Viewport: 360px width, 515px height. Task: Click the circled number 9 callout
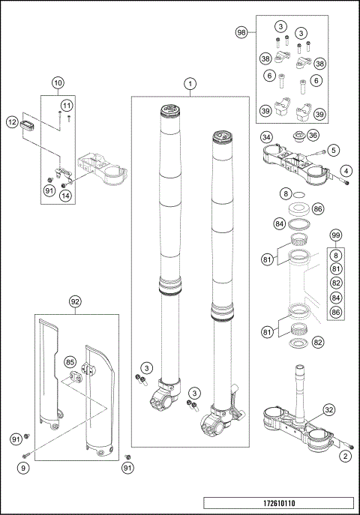pyautogui.click(x=23, y=469)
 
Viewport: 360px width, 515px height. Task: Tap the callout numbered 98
pyautogui.click(x=241, y=32)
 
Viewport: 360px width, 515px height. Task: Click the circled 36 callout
pyautogui.click(x=313, y=134)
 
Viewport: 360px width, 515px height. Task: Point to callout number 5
pyautogui.click(x=333, y=150)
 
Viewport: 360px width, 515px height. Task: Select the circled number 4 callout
pyautogui.click(x=345, y=171)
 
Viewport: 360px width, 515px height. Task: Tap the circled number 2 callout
pyautogui.click(x=344, y=456)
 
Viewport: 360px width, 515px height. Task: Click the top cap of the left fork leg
pyautogui.click(x=170, y=112)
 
